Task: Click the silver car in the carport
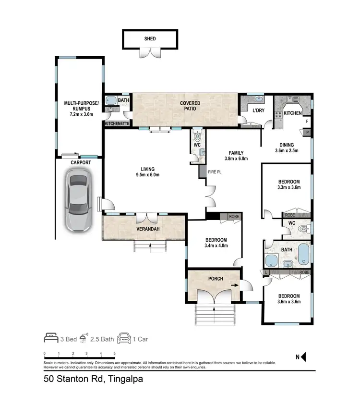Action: (78, 201)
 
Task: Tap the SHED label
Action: (151, 39)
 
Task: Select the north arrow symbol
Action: (303, 357)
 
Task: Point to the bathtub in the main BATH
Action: (304, 253)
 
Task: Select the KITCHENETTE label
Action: (117, 123)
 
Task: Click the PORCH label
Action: (216, 279)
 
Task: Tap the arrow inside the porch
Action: (234, 284)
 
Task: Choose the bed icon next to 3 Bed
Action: (51, 339)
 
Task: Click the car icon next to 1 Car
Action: (124, 339)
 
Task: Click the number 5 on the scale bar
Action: (114, 353)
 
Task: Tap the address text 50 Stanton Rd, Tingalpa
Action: (94, 379)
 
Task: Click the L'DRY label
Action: (258, 111)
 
